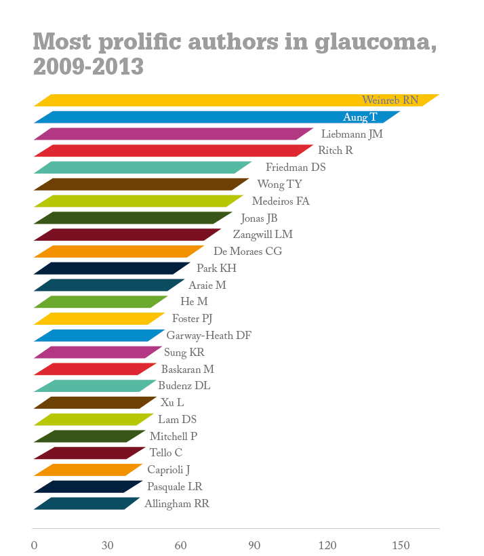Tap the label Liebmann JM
coord(352,134)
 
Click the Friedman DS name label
coord(296,167)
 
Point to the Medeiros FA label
coord(281,201)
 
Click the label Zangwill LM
coord(263,235)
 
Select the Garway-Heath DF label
coord(209,336)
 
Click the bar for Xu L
coord(95,403)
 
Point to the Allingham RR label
coord(177,504)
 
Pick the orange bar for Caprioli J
coord(88,470)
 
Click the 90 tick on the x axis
coord(254,546)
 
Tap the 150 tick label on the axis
coord(401,546)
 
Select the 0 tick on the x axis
coord(34,546)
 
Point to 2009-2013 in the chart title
coord(88,66)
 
